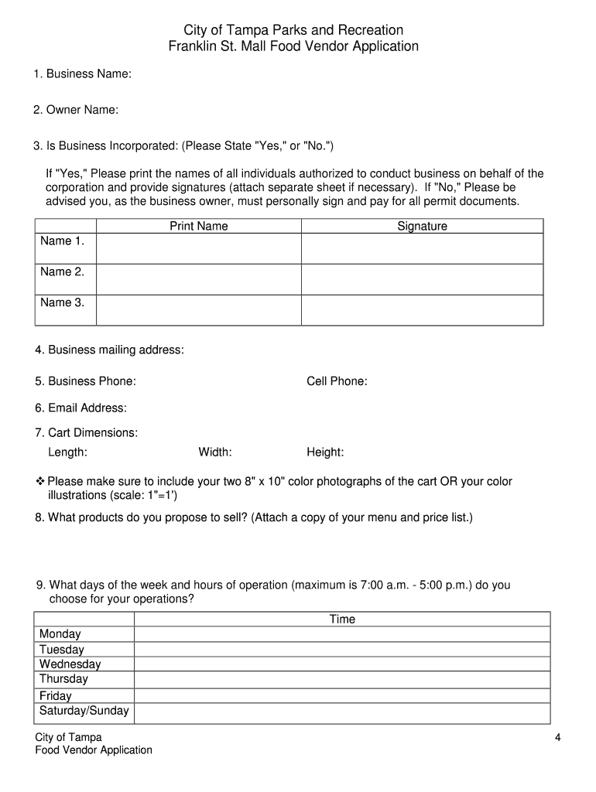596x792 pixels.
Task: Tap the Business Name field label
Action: (x=82, y=74)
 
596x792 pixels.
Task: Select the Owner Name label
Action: (x=76, y=111)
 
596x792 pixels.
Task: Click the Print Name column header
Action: (x=199, y=226)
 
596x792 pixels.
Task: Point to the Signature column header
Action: (x=422, y=226)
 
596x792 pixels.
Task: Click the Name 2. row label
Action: (x=62, y=272)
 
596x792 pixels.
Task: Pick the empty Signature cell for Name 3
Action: (x=422, y=309)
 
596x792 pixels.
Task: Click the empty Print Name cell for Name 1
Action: (x=199, y=249)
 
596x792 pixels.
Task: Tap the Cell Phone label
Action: (x=337, y=381)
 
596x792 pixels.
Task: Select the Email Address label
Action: (x=80, y=408)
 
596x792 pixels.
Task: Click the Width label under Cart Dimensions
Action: (x=215, y=452)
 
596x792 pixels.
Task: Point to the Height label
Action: (x=325, y=452)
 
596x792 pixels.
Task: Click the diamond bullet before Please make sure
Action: (x=40, y=481)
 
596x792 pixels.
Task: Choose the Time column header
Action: (x=342, y=619)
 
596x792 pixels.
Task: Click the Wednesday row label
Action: (x=70, y=664)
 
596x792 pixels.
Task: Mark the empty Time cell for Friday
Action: (x=342, y=695)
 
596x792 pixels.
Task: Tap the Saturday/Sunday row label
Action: (x=84, y=711)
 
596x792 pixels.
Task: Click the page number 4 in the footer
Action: (x=557, y=738)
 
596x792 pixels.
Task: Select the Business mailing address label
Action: (x=109, y=350)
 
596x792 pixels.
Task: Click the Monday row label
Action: (x=60, y=634)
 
